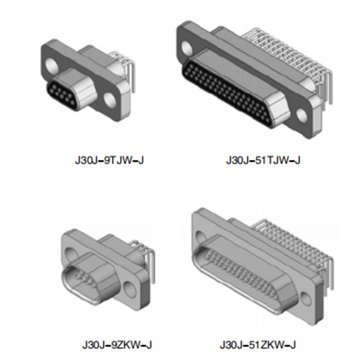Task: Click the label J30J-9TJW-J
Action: pos(109,160)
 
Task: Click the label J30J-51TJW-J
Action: pos(263,160)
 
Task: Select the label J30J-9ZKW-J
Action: pos(117,345)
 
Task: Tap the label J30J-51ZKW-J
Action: pos(258,345)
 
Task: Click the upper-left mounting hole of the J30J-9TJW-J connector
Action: pos(51,64)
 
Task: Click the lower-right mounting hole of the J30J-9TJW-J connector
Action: pos(109,99)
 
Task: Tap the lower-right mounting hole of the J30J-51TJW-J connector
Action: pos(302,115)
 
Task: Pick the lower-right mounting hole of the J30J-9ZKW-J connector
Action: pos(129,289)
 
